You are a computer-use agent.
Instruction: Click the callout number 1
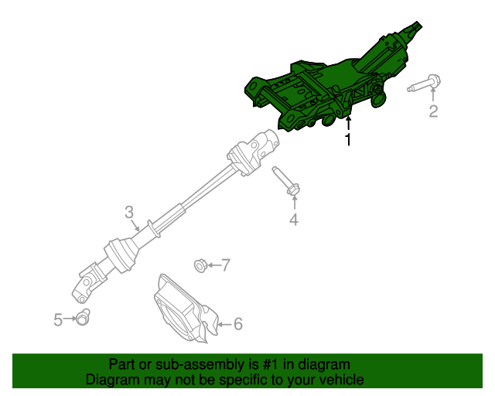click(x=348, y=140)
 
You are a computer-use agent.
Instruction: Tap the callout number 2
click(x=433, y=112)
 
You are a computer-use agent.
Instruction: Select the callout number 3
click(x=129, y=212)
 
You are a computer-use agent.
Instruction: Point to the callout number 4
click(x=293, y=221)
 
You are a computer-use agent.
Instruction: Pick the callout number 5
click(x=58, y=319)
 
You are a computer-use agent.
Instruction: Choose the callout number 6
click(x=237, y=324)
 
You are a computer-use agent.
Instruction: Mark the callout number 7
click(x=226, y=266)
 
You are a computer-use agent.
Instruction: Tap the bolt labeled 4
click(x=286, y=183)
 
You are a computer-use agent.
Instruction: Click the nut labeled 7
click(x=200, y=266)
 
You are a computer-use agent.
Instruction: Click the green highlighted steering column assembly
click(x=325, y=89)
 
